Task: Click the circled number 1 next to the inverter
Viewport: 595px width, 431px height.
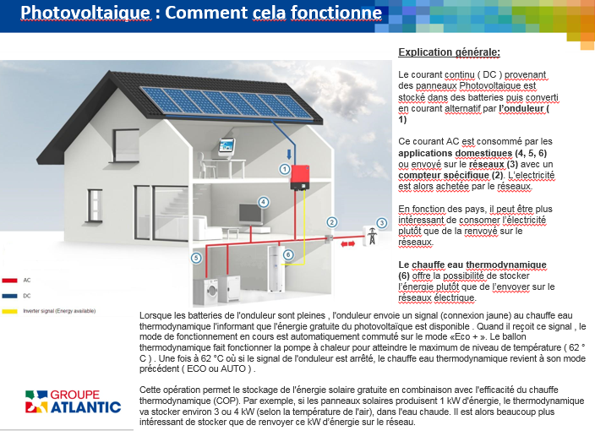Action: pyautogui.click(x=285, y=169)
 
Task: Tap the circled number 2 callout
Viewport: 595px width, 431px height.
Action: pyautogui.click(x=332, y=222)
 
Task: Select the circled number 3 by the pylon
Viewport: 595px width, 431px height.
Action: pyautogui.click(x=381, y=223)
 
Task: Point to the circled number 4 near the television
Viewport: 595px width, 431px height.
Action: pyautogui.click(x=264, y=203)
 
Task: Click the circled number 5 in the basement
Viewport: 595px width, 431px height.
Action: pyautogui.click(x=197, y=258)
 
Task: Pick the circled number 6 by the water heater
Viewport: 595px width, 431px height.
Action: pyautogui.click(x=288, y=254)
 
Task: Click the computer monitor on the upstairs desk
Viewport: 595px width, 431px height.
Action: pyautogui.click(x=227, y=146)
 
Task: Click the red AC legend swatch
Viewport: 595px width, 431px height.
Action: pyautogui.click(x=11, y=279)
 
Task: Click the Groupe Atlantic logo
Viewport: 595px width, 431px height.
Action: pyautogui.click(x=73, y=401)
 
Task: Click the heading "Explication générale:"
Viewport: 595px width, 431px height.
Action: pyautogui.click(x=449, y=52)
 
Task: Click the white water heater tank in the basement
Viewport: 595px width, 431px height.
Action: pyautogui.click(x=275, y=265)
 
